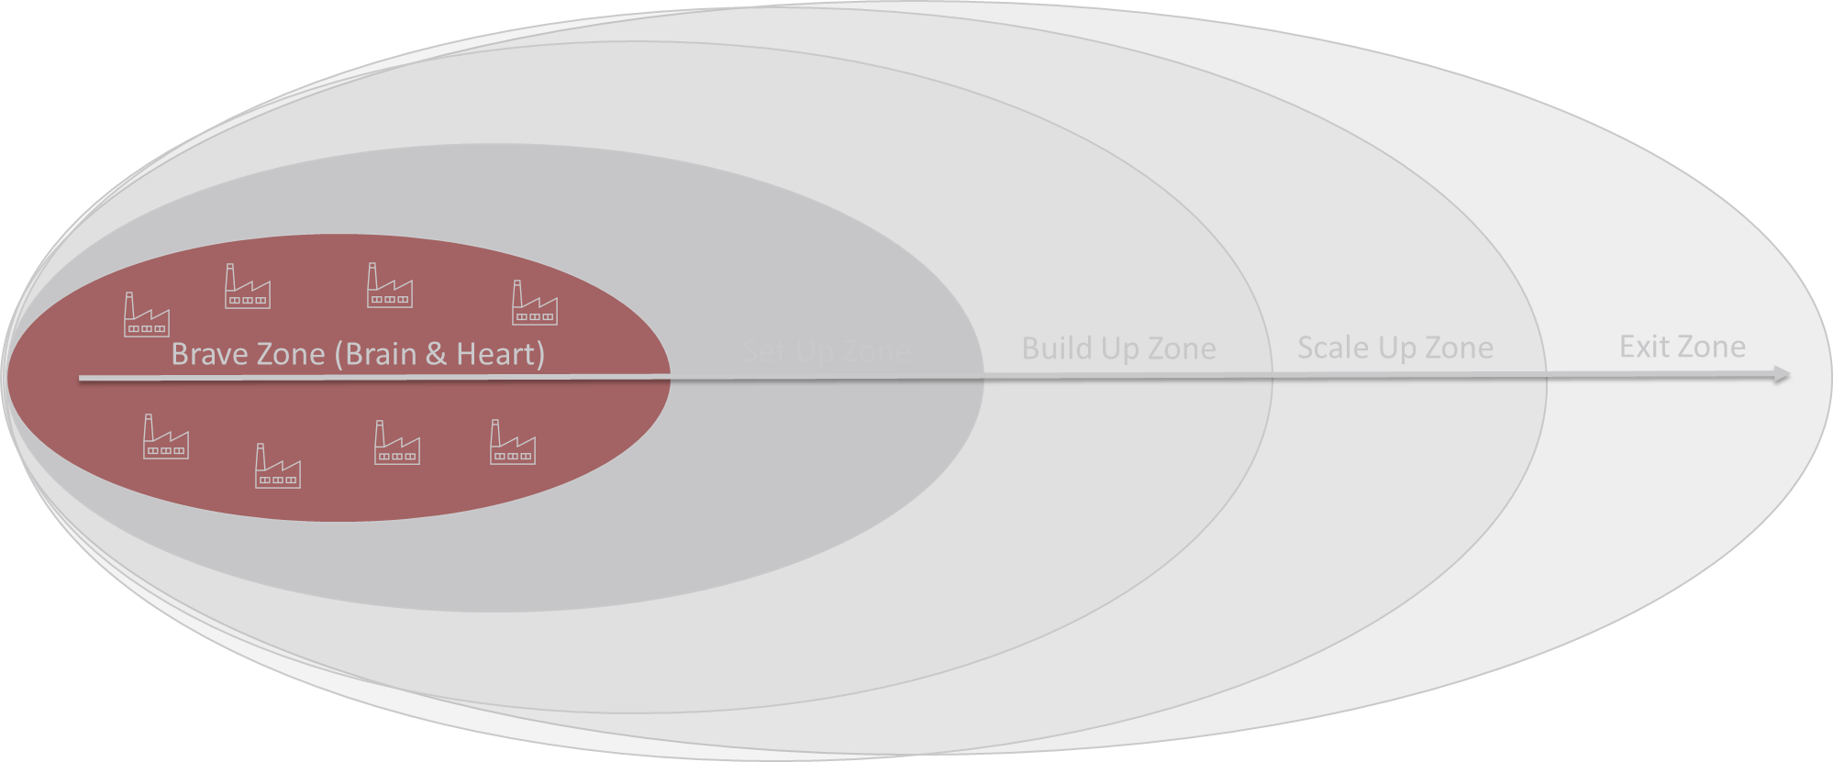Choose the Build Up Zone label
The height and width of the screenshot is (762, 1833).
point(1118,348)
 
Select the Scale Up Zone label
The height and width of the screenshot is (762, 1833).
point(1394,348)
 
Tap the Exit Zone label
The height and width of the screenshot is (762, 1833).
point(1682,347)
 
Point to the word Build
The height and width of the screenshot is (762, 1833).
point(1056,348)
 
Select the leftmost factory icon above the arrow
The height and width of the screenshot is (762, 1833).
point(147,315)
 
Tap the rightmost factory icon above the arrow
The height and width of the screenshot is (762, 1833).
point(534,304)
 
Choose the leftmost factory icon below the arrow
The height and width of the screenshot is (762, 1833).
point(166,437)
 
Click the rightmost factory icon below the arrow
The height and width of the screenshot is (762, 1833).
point(513,443)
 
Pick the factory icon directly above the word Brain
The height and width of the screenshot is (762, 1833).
point(390,286)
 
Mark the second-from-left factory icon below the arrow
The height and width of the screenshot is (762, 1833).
point(277,467)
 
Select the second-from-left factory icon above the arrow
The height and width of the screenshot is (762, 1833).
point(248,287)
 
